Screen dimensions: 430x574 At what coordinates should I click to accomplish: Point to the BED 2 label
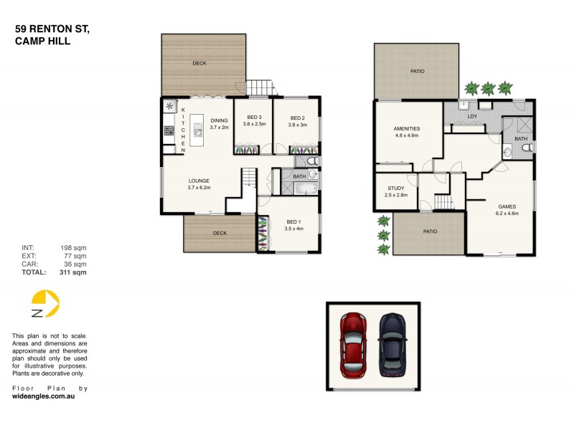pos(298,118)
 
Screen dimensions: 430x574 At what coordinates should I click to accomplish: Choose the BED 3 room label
pos(255,118)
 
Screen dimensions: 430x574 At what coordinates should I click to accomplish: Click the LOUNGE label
pos(199,181)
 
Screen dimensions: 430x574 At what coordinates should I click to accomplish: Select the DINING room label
pos(219,120)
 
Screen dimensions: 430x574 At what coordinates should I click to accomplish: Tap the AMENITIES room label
pos(406,129)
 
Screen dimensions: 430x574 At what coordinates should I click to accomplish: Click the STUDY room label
pos(396,188)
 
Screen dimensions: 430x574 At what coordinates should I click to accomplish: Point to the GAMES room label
pos(507,206)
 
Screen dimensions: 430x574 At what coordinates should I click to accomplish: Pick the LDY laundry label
pos(472,115)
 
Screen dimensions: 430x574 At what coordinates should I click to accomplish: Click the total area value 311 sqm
pos(73,272)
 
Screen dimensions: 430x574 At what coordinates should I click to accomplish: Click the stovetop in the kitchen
pos(169,130)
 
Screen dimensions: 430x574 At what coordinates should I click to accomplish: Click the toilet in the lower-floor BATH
pos(526,148)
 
